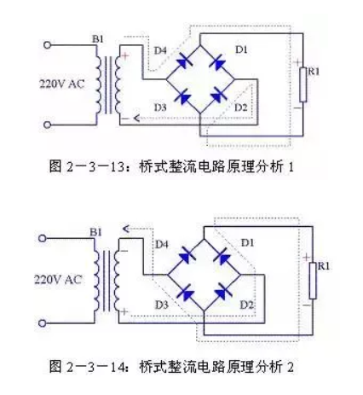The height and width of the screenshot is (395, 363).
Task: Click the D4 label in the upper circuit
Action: [x=160, y=50]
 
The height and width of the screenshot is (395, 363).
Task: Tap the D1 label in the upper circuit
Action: [x=241, y=49]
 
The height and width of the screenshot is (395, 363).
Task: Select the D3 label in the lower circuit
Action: [x=162, y=305]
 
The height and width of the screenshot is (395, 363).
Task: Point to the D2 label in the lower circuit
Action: [x=246, y=305]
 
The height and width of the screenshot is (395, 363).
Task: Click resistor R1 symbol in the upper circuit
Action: [x=303, y=84]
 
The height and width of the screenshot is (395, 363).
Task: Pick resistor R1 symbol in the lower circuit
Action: [x=313, y=281]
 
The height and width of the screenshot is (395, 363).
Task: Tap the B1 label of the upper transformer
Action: [x=98, y=39]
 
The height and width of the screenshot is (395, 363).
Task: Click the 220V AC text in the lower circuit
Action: [x=58, y=280]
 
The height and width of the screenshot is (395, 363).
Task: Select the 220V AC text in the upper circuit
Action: [x=62, y=84]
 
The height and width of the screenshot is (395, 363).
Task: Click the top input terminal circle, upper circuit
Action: [x=48, y=45]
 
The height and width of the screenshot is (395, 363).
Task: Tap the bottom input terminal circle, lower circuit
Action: [x=43, y=323]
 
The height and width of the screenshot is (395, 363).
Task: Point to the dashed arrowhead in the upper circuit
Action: [x=136, y=118]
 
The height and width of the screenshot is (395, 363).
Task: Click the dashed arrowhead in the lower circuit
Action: [x=126, y=229]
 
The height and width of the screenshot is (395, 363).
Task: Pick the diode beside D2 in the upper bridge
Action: [x=218, y=96]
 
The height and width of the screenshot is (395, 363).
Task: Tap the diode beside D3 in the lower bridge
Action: [x=186, y=293]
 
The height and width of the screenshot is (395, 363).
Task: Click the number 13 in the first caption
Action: [x=117, y=166]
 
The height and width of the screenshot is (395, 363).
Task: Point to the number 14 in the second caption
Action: [x=117, y=367]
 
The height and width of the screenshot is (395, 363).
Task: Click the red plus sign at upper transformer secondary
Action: [x=124, y=56]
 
